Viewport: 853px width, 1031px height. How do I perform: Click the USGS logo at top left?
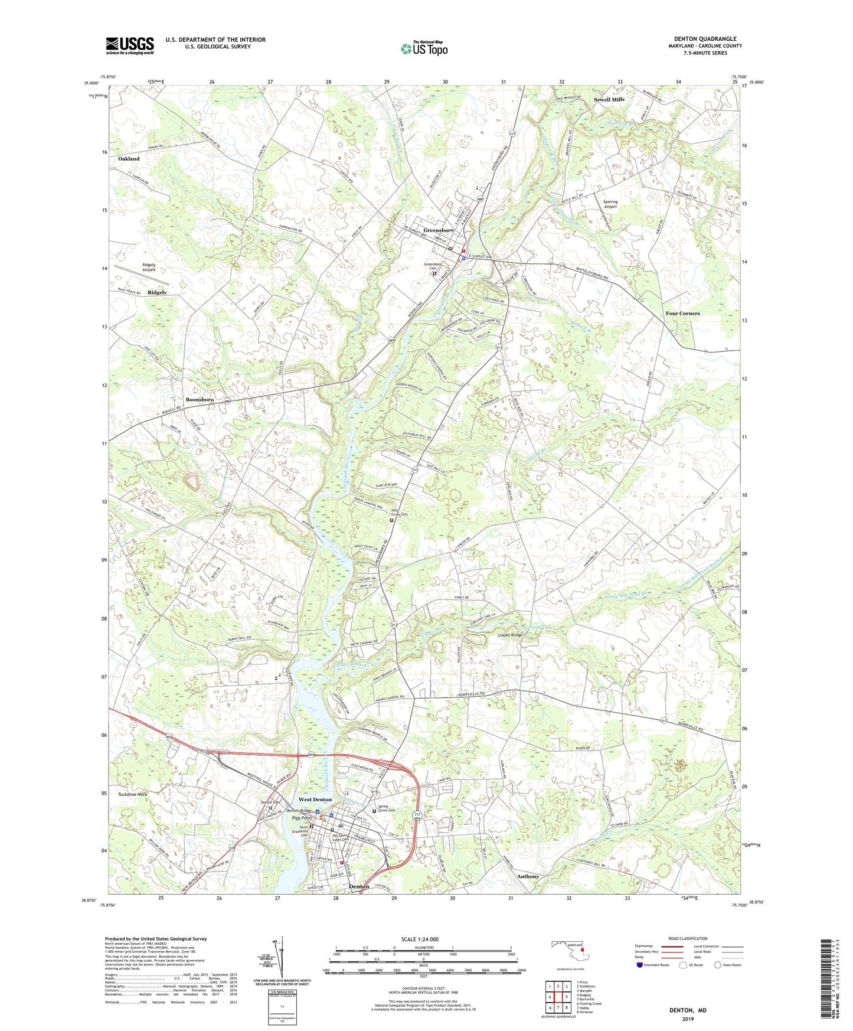[x=130, y=45]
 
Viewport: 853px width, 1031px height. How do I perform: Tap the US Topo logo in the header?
[x=424, y=48]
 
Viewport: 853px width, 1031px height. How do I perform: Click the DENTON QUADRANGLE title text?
[x=705, y=39]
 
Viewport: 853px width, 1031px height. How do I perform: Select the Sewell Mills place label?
[x=609, y=100]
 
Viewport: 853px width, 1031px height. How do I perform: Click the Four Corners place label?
[x=682, y=314]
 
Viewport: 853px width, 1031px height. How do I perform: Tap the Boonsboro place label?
[x=200, y=400]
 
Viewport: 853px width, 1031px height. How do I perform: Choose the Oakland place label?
[x=129, y=159]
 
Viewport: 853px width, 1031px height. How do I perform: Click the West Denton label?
[x=315, y=800]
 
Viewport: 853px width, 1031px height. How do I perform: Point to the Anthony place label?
[x=528, y=876]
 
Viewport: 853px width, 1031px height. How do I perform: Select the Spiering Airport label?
[x=610, y=204]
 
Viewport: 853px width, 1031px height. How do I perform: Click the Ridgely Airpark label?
[x=149, y=267]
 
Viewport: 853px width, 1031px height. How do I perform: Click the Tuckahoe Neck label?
[x=133, y=794]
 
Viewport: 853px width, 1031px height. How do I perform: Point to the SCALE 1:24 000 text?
[x=420, y=939]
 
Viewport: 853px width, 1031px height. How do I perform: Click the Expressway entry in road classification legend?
[x=646, y=947]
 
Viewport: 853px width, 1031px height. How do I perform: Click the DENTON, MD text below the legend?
[x=688, y=1010]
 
